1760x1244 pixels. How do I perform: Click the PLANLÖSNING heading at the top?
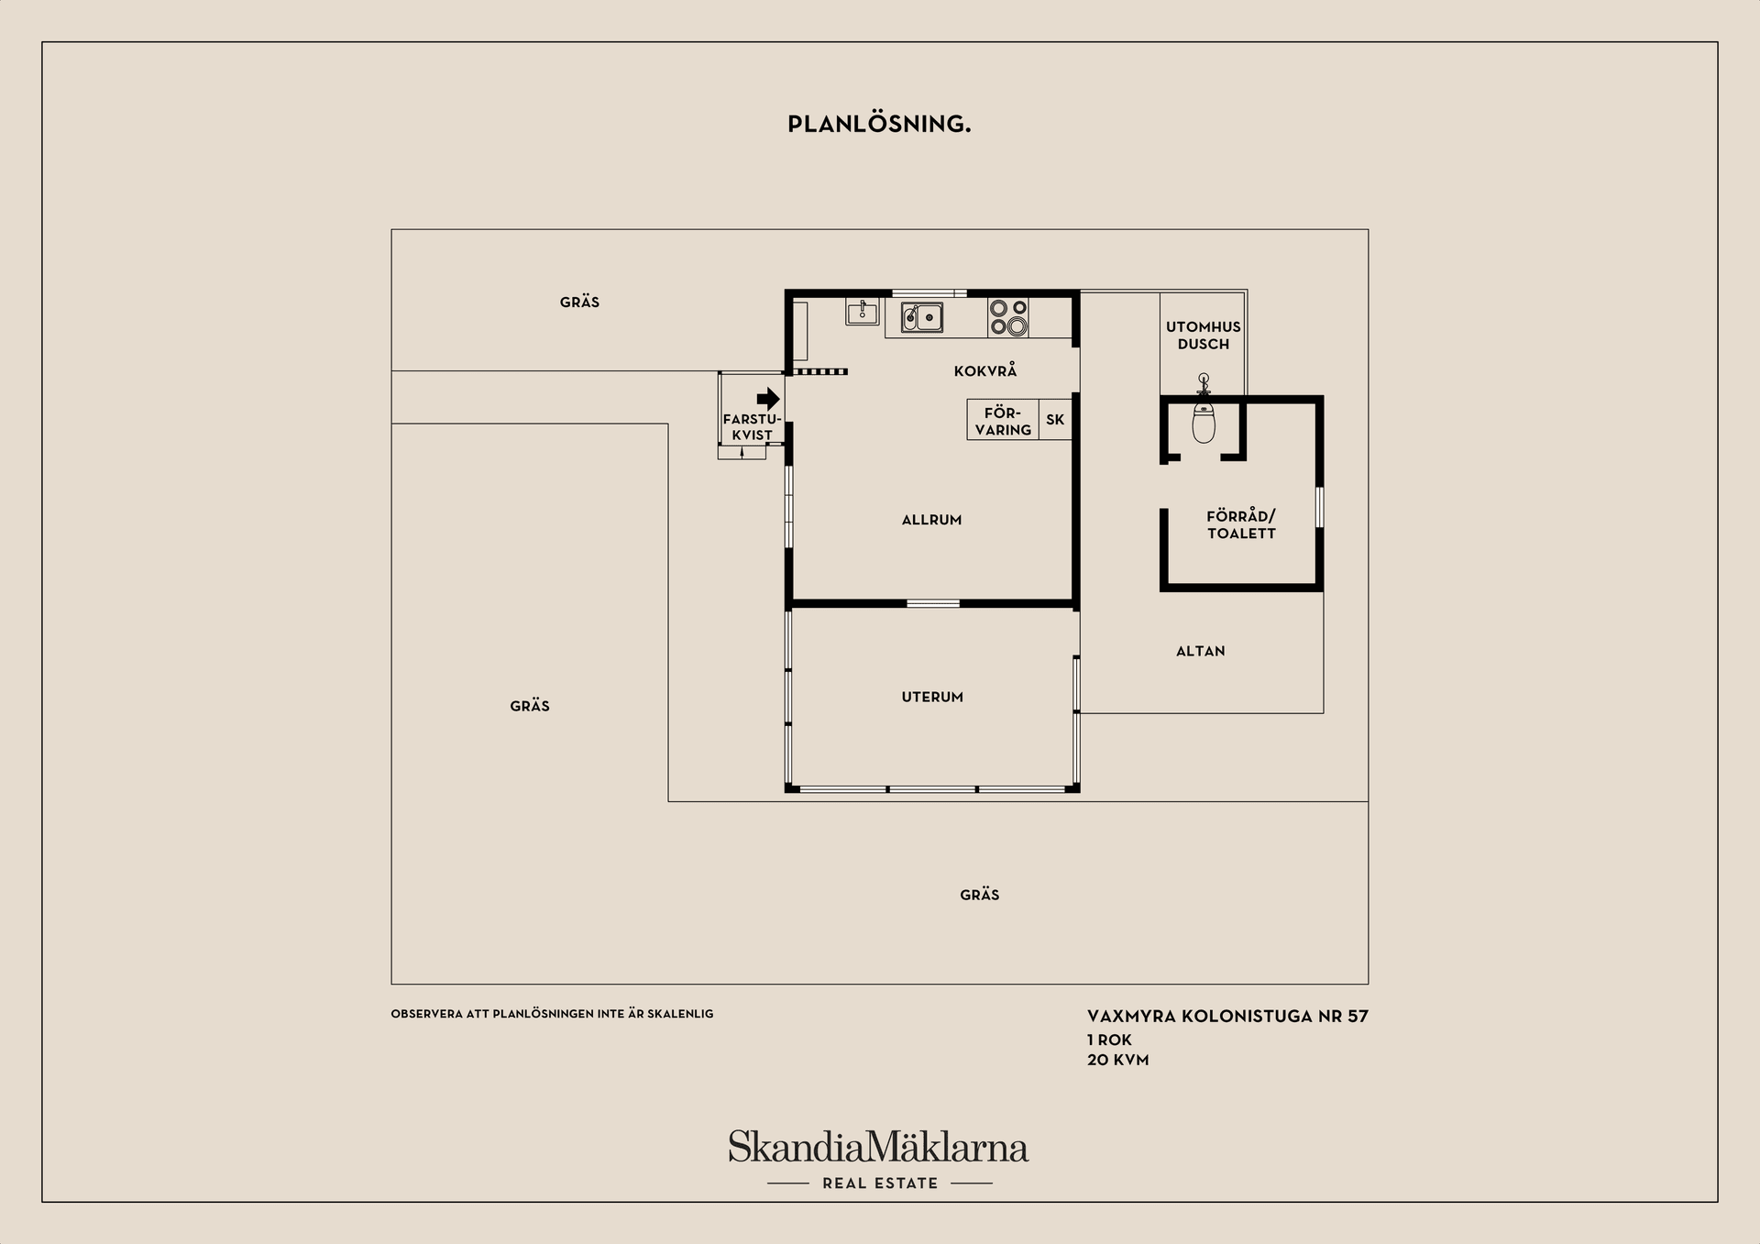point(879,125)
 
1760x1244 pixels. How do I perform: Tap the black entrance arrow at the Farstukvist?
point(768,399)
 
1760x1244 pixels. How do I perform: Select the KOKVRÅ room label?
point(985,370)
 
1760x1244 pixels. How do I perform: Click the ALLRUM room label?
point(931,520)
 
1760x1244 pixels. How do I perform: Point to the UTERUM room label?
point(932,697)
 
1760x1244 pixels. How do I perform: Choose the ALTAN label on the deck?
point(1200,651)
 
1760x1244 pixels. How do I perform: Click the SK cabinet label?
point(1055,420)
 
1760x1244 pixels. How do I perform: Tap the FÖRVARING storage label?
point(1003,421)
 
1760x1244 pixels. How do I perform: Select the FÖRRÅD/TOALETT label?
point(1241,525)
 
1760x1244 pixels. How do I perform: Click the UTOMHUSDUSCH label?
point(1204,335)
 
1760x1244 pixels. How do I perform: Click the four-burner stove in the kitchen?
point(1008,317)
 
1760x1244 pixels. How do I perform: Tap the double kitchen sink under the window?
point(922,317)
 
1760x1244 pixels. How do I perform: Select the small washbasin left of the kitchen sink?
point(862,312)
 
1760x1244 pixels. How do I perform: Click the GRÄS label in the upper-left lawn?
point(579,302)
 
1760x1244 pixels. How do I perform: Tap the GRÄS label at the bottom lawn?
point(980,894)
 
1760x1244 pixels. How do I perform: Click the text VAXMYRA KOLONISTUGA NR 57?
point(1227,1016)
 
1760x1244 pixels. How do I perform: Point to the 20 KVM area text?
point(1117,1060)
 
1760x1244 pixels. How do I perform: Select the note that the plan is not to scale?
point(552,1014)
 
